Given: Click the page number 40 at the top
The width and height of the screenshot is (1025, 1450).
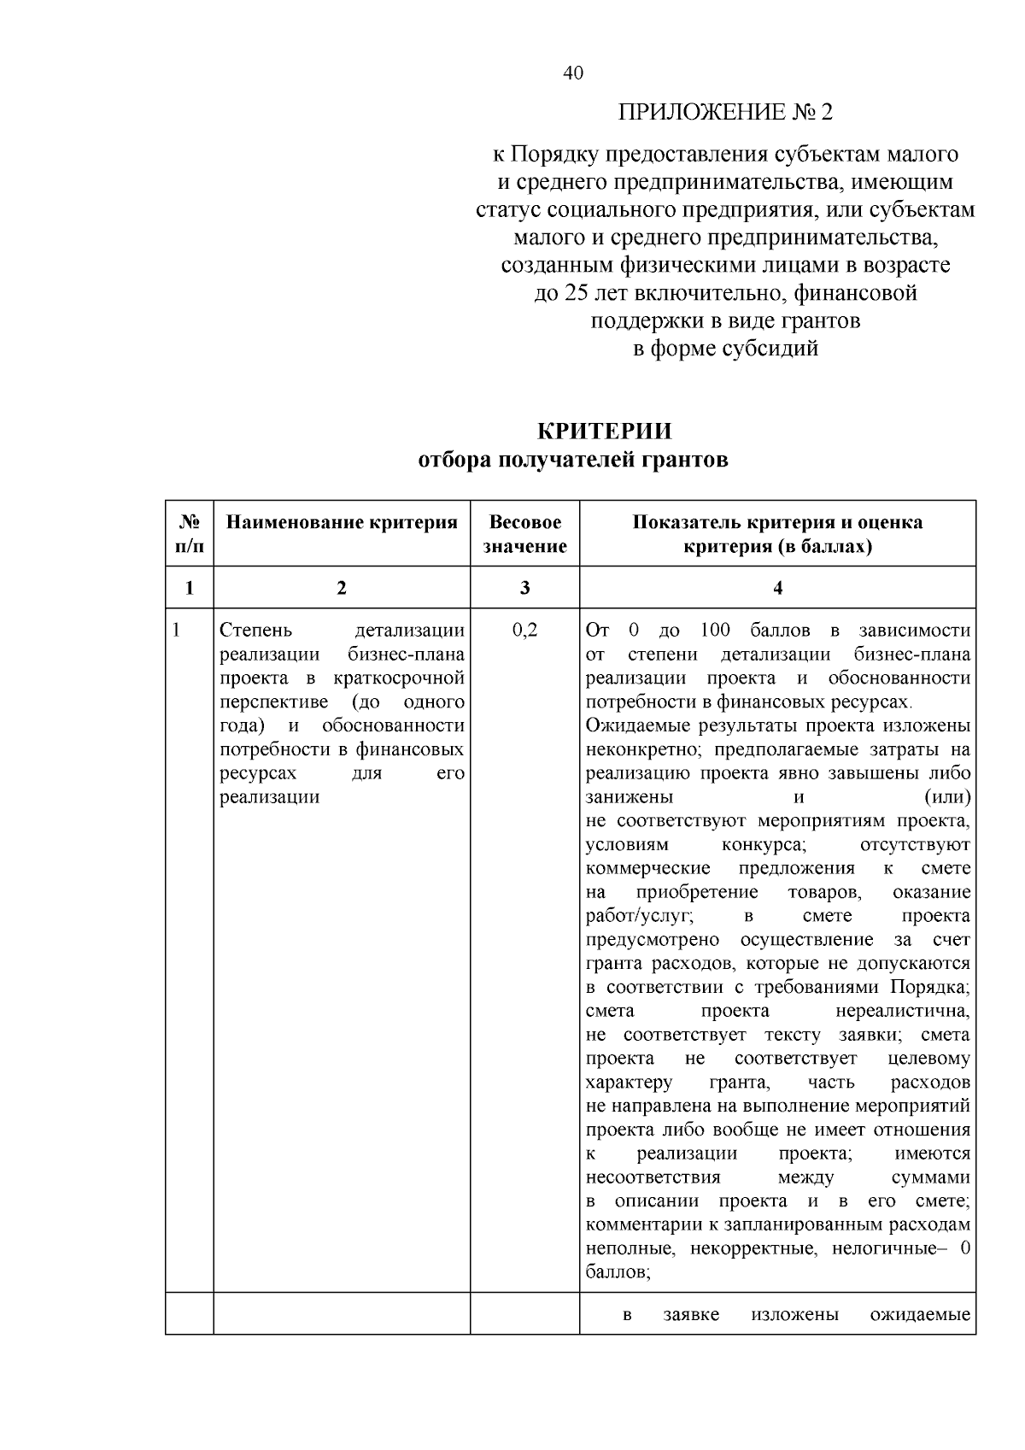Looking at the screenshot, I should click(x=573, y=73).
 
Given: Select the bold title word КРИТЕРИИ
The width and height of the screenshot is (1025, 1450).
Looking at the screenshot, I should click(x=604, y=431).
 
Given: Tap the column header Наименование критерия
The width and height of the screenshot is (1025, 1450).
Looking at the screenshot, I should click(x=342, y=523).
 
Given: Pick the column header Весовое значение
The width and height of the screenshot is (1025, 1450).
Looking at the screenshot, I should click(x=524, y=534).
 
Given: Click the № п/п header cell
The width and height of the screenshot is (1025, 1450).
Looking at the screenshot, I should click(x=190, y=534).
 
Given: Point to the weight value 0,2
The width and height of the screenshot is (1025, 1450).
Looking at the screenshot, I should click(x=524, y=631).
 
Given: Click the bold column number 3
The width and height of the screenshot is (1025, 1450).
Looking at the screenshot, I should click(x=524, y=588).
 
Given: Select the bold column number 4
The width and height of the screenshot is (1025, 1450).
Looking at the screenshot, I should click(x=777, y=588).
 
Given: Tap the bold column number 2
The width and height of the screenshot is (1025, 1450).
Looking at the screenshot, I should click(x=342, y=588).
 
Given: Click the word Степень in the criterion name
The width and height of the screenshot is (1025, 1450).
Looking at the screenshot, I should click(x=256, y=631).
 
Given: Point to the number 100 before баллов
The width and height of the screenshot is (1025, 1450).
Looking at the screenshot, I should click(x=715, y=631).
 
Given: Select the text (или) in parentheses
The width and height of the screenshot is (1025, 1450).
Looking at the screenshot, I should click(x=947, y=797).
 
